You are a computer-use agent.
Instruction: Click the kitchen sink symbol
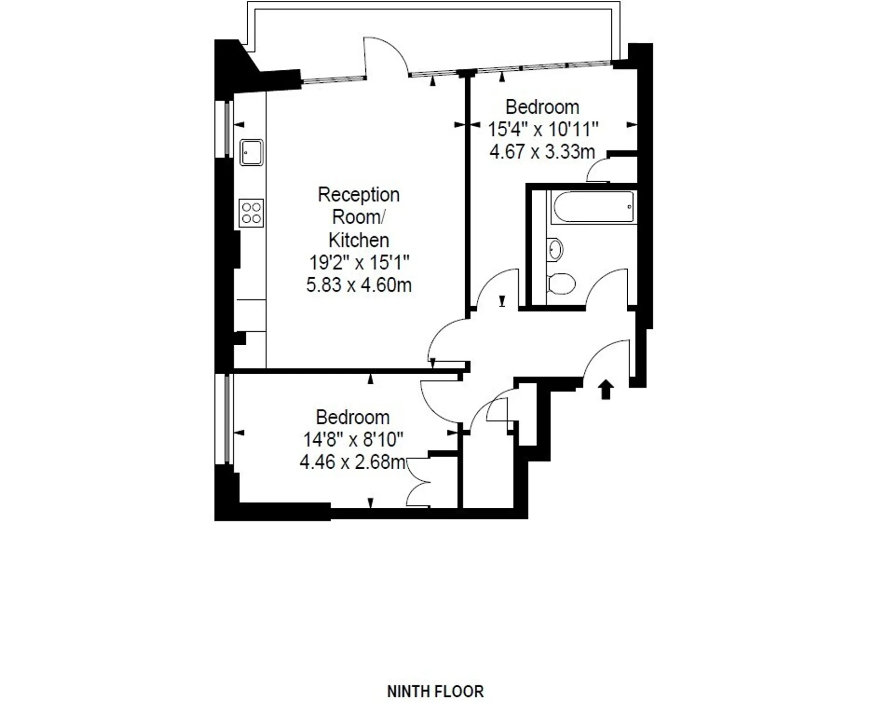[251, 152]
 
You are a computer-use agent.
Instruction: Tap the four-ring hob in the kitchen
[251, 213]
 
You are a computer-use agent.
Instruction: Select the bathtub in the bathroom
[594, 207]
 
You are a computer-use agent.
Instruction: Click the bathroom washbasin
[555, 250]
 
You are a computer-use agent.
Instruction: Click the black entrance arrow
[606, 389]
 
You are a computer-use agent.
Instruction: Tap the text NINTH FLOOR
[435, 691]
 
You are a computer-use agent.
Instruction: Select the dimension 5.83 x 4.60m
[359, 285]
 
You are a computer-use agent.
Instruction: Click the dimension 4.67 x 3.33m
[542, 152]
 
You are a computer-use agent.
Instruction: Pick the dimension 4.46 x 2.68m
[352, 462]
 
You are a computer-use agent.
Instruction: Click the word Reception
[359, 195]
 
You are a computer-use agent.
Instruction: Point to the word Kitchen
[359, 240]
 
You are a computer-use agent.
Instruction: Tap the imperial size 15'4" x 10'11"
[543, 129]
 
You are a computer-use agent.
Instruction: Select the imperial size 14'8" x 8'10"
[353, 439]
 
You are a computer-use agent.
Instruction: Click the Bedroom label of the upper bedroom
[542, 107]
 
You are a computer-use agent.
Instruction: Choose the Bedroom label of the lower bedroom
[352, 417]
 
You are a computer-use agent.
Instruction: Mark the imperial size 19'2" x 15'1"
[359, 263]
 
